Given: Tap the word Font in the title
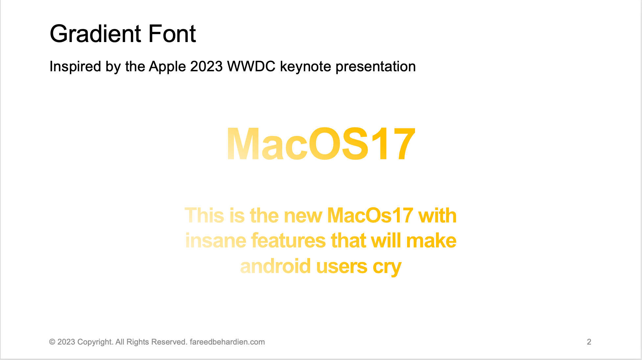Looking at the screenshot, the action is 172,34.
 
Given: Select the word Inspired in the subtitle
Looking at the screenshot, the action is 75,67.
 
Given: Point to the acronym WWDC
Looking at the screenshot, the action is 251,66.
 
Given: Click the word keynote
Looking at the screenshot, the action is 306,67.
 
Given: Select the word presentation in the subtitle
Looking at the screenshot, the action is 376,67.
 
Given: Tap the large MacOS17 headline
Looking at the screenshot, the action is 321,144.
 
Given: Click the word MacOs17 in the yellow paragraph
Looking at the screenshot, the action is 370,215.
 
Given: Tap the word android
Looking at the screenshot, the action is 275,266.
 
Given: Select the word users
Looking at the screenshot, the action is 342,266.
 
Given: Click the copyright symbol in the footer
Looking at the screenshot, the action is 52,342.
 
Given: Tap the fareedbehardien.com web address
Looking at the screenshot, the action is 227,342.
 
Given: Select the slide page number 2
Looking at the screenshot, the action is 589,342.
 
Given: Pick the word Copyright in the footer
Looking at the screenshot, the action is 95,342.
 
